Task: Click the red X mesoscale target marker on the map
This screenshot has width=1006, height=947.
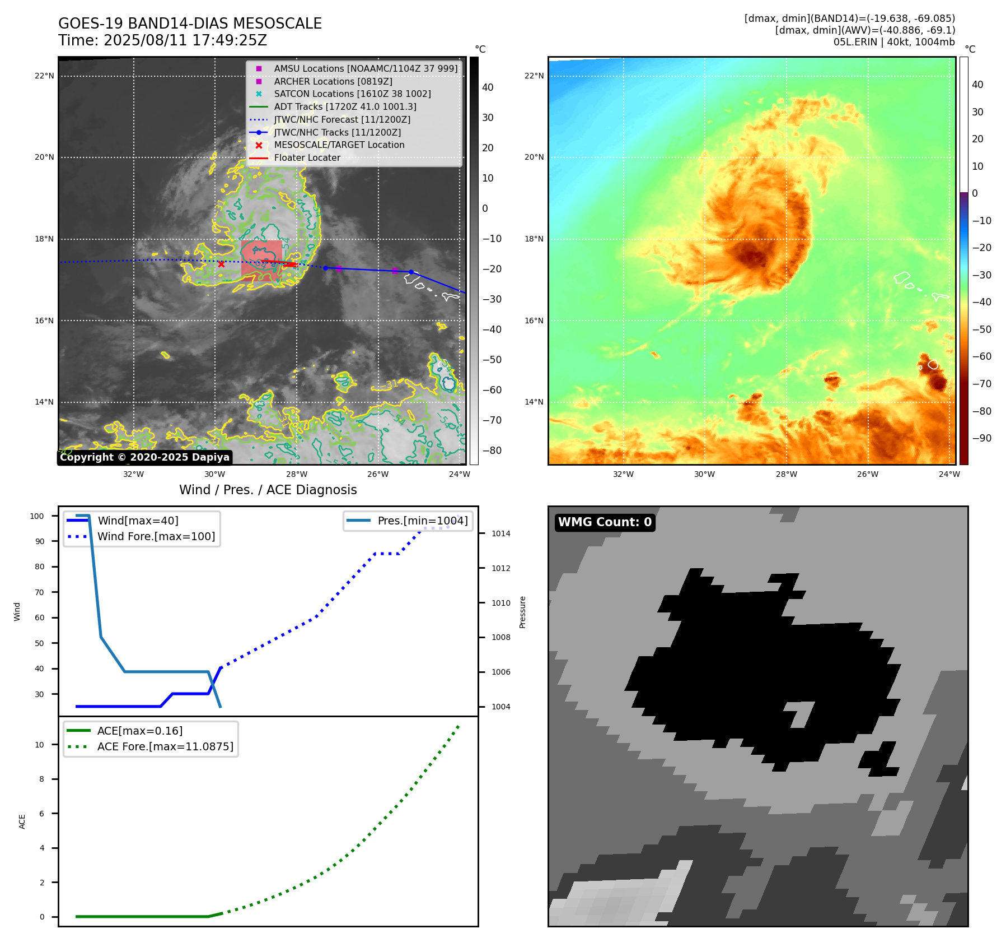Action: [221, 264]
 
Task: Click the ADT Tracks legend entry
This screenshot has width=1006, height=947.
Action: [345, 106]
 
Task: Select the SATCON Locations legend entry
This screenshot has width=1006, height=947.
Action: [352, 94]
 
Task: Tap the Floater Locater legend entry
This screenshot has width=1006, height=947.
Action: [307, 157]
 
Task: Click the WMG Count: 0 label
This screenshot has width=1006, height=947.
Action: [605, 522]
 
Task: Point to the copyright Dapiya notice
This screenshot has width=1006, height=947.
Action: [144, 457]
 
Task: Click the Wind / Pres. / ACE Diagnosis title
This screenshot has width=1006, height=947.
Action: [268, 490]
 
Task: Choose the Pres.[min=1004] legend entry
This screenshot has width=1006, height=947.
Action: [422, 521]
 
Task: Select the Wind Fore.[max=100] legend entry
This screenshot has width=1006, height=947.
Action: [156, 536]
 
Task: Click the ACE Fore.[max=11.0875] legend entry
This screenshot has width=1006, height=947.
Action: [165, 746]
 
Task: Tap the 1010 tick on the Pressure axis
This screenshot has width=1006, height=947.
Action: [500, 603]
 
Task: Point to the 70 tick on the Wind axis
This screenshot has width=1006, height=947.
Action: [39, 592]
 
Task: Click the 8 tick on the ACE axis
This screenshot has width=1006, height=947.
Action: [41, 779]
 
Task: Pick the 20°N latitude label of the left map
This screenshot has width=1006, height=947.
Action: [44, 157]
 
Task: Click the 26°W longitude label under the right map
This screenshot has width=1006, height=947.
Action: [867, 474]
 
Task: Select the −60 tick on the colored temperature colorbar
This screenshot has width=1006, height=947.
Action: [981, 356]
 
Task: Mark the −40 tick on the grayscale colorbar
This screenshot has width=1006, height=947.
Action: [492, 329]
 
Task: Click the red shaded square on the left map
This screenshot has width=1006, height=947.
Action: [261, 259]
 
